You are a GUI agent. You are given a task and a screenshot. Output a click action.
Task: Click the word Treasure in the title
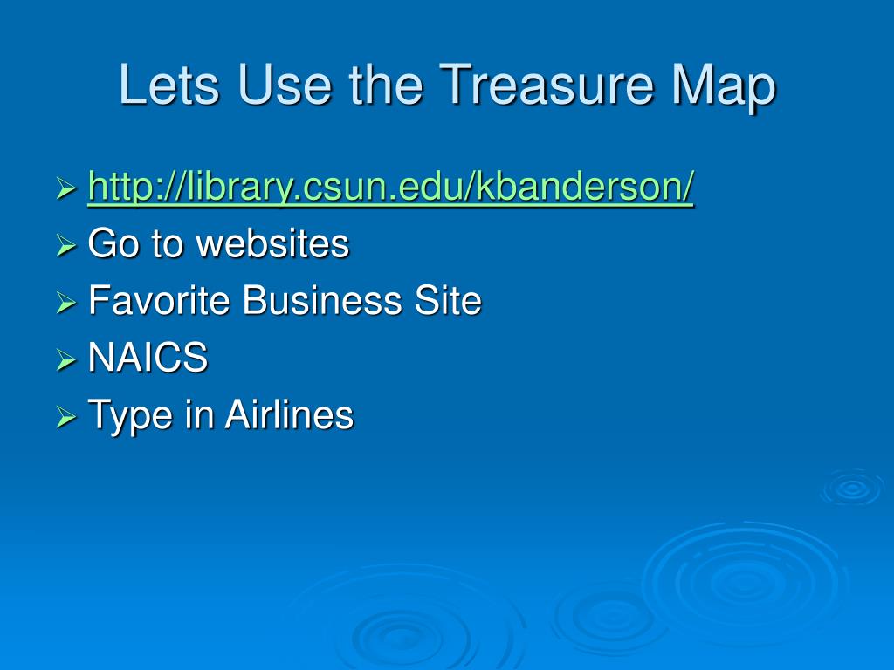(x=546, y=85)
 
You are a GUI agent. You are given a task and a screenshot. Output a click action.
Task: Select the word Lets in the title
(x=165, y=85)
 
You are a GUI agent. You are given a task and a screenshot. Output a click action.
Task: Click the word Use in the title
(x=285, y=85)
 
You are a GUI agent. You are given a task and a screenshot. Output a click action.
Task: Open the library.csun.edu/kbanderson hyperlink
(x=391, y=188)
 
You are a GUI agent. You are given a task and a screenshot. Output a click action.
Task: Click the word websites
(x=272, y=243)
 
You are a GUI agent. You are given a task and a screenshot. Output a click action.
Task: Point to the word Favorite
(x=159, y=301)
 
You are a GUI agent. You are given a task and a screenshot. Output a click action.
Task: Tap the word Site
(x=447, y=301)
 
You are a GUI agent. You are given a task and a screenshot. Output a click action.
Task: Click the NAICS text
(x=148, y=358)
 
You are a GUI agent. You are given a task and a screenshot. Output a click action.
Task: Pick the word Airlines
(x=289, y=414)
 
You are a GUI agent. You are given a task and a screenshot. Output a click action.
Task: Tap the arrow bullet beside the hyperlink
(x=66, y=189)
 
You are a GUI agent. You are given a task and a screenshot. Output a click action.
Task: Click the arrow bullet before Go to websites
(x=66, y=247)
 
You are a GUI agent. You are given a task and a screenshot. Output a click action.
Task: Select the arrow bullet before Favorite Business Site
(x=66, y=304)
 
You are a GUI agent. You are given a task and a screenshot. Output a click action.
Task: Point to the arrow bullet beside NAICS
(x=66, y=360)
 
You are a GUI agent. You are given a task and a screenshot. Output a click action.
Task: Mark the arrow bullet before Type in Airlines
(x=66, y=418)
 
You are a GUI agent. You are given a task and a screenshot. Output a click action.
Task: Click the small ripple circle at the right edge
(x=851, y=489)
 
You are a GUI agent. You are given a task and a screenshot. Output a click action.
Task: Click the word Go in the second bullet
(x=113, y=243)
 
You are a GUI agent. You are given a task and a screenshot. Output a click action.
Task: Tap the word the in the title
(x=385, y=85)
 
